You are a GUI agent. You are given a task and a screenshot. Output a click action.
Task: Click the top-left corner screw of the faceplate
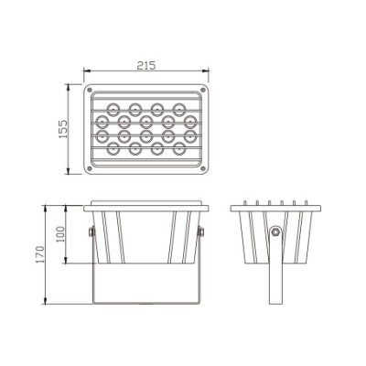tap(92, 91)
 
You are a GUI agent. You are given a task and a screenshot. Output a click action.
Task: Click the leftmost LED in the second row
tap(102, 121)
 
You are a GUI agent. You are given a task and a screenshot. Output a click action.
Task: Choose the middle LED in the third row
tap(145, 137)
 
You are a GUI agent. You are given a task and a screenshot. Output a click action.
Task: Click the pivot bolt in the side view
tap(274, 231)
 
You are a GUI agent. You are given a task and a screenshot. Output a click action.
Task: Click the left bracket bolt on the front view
tap(90, 232)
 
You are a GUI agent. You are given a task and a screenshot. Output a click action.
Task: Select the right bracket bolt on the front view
tap(201, 232)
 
